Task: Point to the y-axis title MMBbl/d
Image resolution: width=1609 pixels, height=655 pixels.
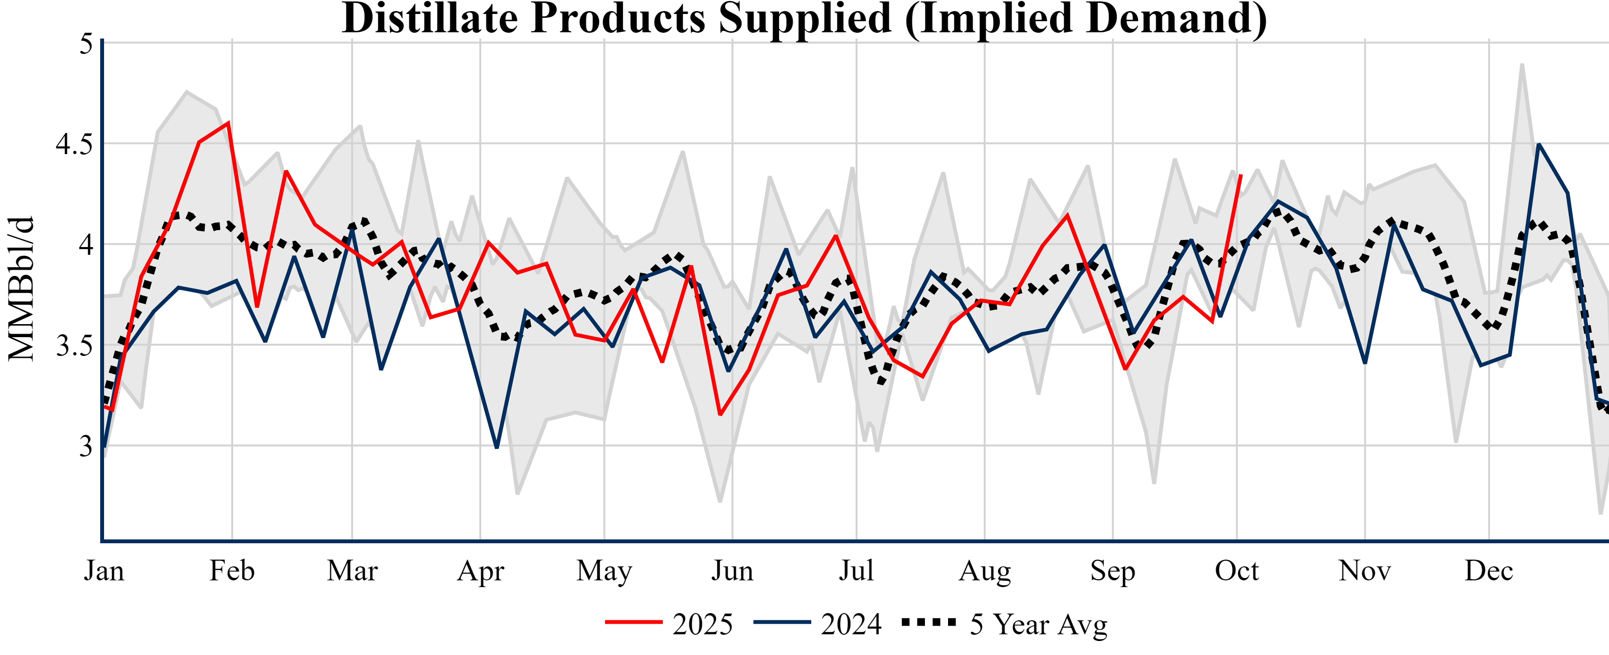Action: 21,288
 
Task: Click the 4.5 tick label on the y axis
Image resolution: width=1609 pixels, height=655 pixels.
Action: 74,144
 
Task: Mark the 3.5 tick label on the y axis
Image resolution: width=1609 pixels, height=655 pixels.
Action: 74,346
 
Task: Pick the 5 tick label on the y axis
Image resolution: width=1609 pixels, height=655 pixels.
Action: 86,44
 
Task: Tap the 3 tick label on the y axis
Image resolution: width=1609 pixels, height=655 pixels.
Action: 86,446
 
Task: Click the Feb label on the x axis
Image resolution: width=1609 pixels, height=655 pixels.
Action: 232,571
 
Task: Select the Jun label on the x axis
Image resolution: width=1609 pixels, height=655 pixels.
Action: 732,571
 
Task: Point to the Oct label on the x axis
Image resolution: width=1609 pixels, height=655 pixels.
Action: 1236,571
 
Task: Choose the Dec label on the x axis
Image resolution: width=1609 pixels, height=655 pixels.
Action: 1489,571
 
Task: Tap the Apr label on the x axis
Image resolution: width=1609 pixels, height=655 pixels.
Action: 480,571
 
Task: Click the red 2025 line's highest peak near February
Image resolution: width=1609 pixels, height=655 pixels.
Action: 229,122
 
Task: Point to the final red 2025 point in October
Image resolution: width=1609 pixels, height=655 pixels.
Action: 1240,175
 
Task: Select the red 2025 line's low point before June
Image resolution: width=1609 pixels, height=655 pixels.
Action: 720,415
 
